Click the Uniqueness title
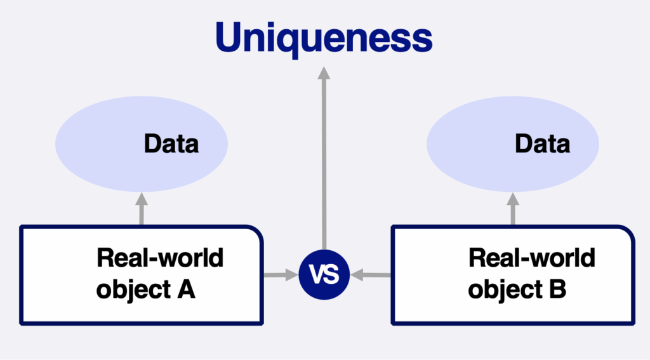[324, 37]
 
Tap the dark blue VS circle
[324, 274]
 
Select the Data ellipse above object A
[142, 144]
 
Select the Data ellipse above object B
[513, 144]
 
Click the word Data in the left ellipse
[171, 144]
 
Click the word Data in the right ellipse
[542, 144]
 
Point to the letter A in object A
[186, 289]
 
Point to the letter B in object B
[557, 289]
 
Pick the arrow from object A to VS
[281, 274]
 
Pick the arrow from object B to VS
[371, 274]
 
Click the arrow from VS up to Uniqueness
[324, 158]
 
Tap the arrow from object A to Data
[142, 209]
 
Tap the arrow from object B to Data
[513, 209]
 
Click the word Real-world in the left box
[160, 258]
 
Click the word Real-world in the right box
[532, 258]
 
